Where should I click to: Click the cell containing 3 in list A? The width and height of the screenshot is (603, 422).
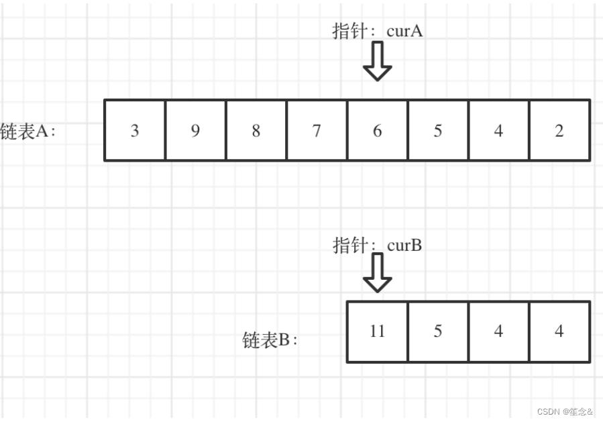[x=135, y=130]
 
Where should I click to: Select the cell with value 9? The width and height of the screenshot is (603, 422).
[x=195, y=130]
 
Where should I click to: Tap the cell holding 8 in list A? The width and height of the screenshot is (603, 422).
[x=256, y=130]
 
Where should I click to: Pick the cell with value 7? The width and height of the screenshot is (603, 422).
[x=317, y=130]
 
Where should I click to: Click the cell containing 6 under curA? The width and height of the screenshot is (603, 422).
[x=377, y=130]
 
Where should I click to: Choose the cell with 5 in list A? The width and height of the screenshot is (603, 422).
[x=437, y=130]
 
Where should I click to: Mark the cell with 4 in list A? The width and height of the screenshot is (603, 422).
[x=498, y=130]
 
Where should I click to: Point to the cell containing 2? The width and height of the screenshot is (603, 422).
[x=559, y=130]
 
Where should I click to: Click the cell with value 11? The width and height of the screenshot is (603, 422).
[x=377, y=331]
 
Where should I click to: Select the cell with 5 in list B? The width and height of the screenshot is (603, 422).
[x=437, y=331]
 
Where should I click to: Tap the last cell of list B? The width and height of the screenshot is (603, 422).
[x=559, y=331]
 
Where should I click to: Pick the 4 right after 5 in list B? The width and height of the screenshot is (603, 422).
[x=498, y=331]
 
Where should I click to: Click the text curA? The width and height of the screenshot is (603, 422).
[x=404, y=31]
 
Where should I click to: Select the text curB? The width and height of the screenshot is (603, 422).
[x=404, y=245]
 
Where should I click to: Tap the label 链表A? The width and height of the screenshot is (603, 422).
[x=28, y=131]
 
